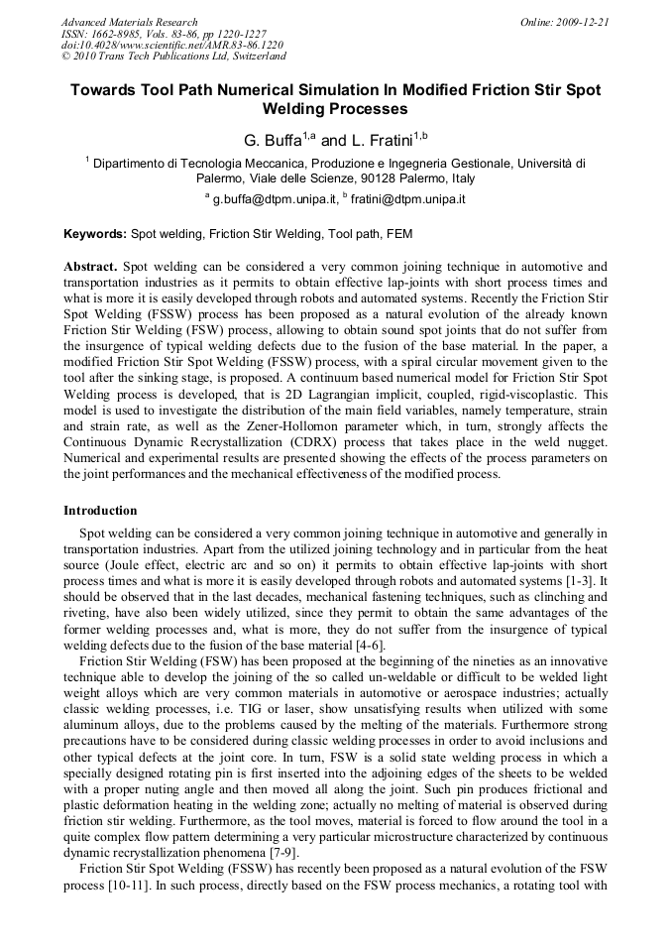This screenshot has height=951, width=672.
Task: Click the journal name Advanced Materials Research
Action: pyautogui.click(x=129, y=22)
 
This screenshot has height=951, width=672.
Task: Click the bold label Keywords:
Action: pyautogui.click(x=95, y=235)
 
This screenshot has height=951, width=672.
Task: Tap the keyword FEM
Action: pyautogui.click(x=399, y=235)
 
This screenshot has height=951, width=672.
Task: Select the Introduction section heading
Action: pyautogui.click(x=100, y=511)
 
